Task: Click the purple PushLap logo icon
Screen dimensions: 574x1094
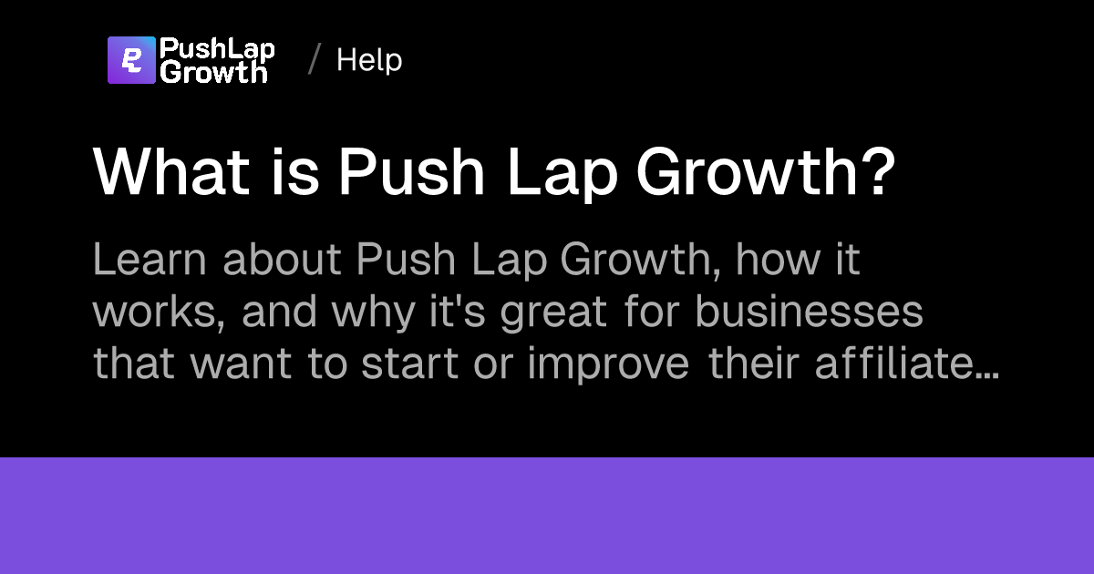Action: click(x=131, y=60)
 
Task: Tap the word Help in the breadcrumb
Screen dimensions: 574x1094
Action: click(x=369, y=60)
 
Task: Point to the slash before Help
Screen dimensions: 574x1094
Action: click(x=315, y=60)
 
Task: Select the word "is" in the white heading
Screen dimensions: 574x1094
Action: click(x=296, y=171)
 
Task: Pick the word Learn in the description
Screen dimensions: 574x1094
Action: click(x=150, y=261)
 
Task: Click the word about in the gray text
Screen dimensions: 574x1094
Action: click(x=283, y=261)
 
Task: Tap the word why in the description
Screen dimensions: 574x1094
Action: click(x=369, y=313)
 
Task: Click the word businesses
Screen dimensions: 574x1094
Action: click(x=809, y=313)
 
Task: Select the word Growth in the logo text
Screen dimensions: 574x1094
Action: click(x=213, y=72)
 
